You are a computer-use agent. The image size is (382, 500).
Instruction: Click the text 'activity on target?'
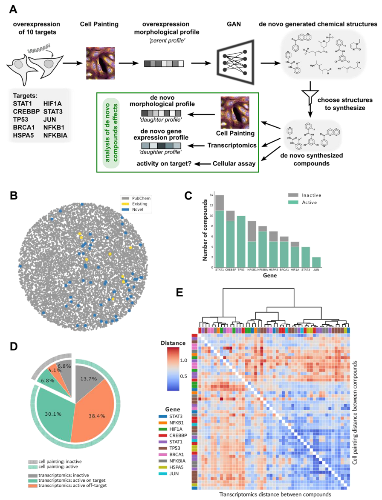coord(166,163)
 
